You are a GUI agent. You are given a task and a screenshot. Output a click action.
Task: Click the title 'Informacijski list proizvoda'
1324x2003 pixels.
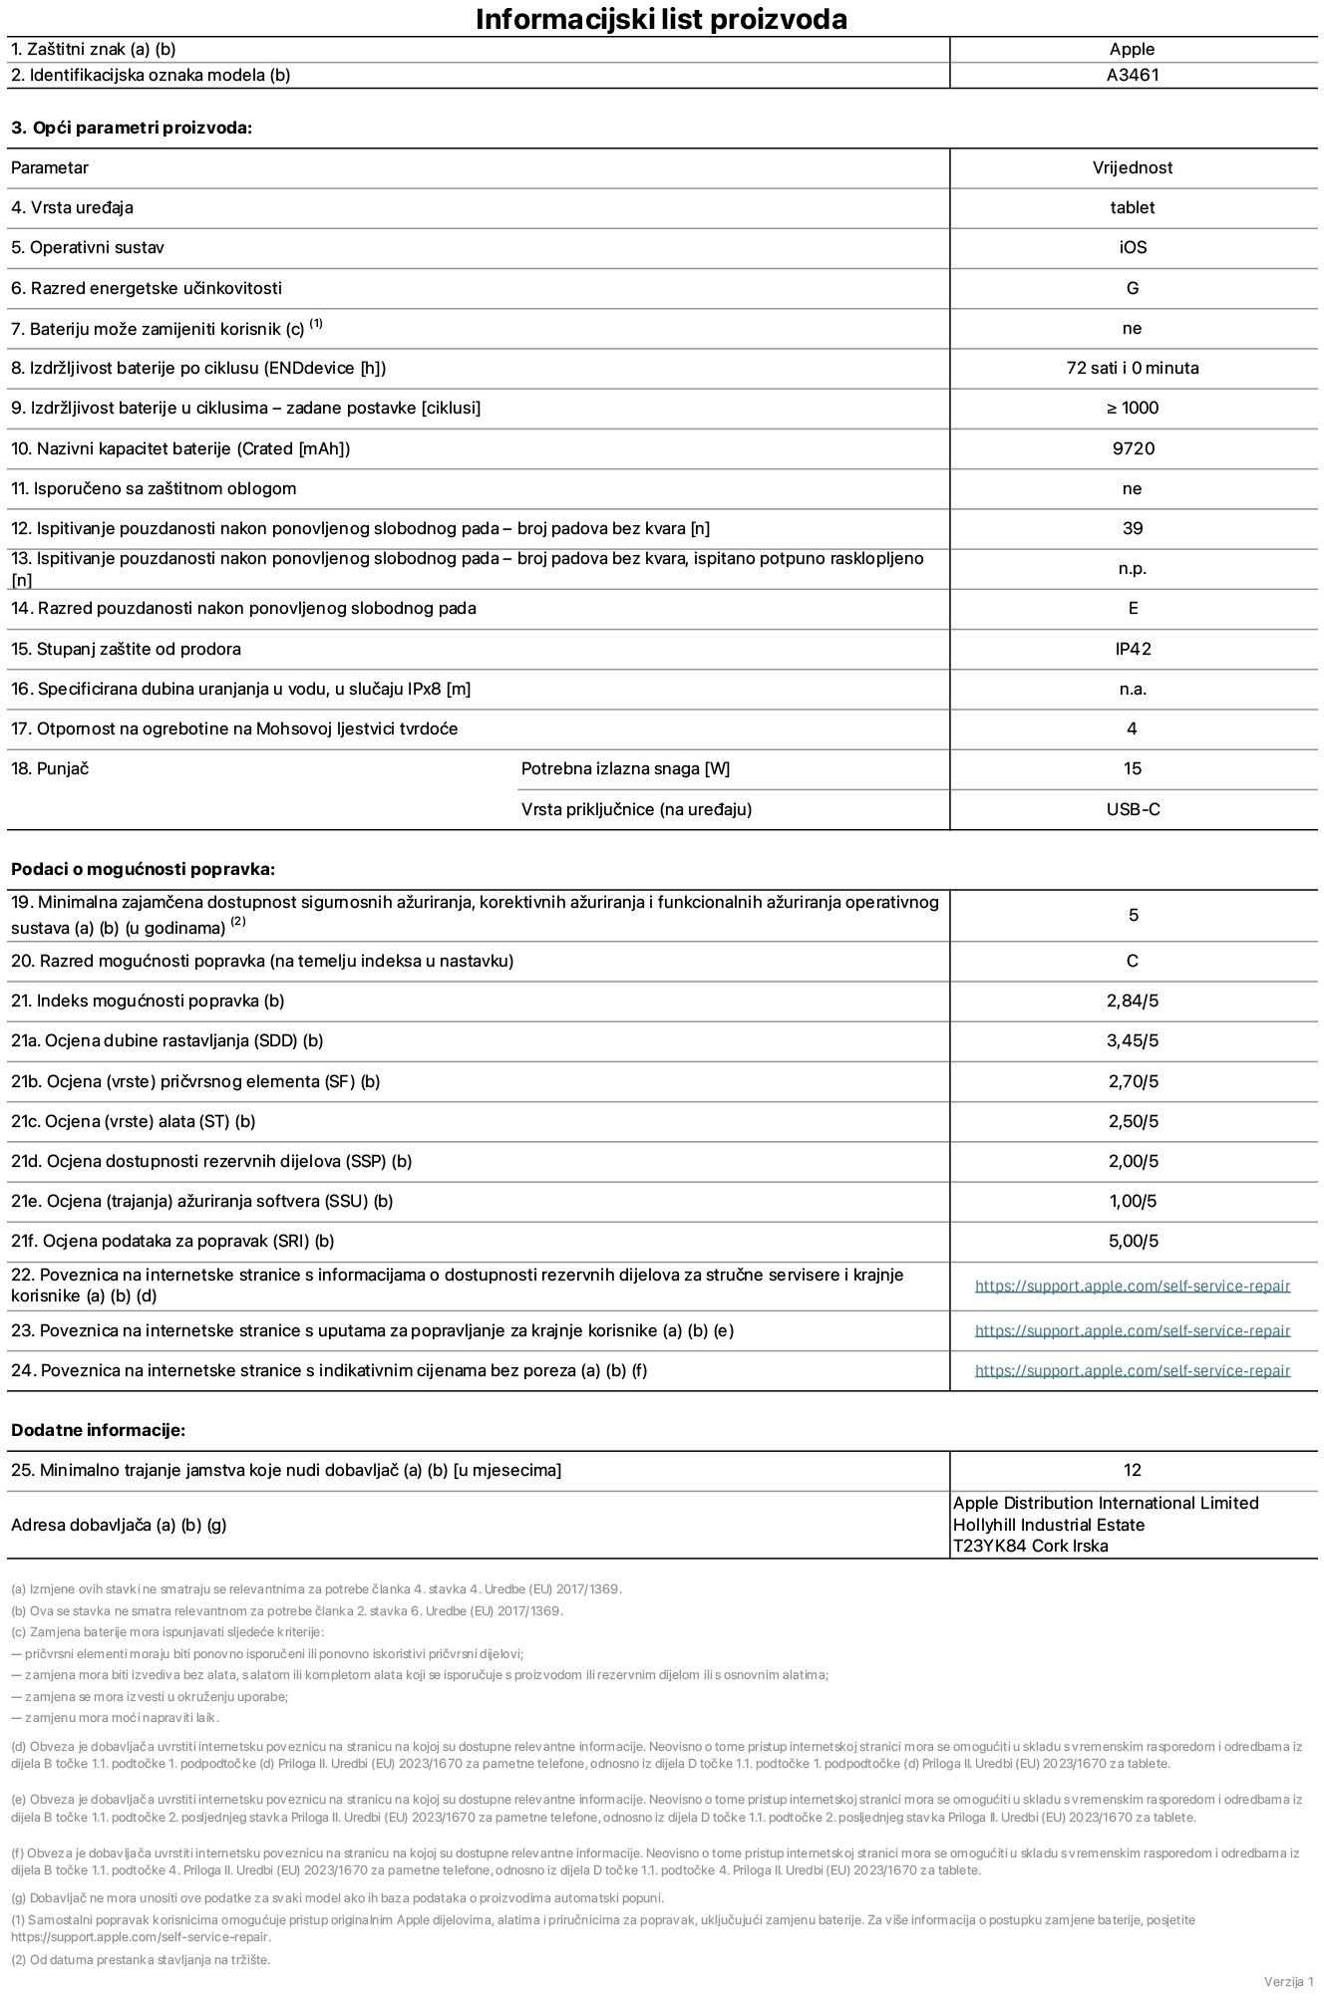(661, 19)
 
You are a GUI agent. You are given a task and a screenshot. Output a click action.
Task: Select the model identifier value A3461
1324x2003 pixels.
(1133, 75)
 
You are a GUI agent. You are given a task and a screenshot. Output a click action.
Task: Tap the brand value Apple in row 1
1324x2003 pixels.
(1133, 49)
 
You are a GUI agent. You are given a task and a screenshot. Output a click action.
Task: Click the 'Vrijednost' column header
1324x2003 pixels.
(1133, 167)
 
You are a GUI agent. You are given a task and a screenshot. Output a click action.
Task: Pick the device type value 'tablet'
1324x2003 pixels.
(1133, 207)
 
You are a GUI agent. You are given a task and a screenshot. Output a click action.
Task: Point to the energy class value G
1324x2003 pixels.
(1133, 288)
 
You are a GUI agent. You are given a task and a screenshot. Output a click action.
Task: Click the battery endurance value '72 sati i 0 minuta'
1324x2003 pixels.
(1133, 368)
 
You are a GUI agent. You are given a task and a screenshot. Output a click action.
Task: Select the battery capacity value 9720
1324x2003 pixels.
(1133, 448)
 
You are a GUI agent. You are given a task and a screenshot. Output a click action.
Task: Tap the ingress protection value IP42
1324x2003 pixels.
(1133, 649)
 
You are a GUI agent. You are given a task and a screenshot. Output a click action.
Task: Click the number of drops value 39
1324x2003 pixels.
(1133, 528)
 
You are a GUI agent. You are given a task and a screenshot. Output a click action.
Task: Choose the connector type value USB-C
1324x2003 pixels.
(1133, 809)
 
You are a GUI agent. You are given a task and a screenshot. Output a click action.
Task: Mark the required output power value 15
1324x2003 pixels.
(1133, 768)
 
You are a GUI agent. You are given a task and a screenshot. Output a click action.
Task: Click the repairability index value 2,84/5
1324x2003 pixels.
(1133, 1001)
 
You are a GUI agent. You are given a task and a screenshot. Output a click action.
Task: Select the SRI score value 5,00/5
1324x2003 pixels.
(1133, 1241)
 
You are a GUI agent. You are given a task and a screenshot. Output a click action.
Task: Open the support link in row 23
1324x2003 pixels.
(1133, 1330)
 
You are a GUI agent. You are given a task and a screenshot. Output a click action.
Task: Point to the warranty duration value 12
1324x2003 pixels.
(1133, 1470)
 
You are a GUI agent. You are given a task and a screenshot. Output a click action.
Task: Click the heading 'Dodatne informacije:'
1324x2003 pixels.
(98, 1430)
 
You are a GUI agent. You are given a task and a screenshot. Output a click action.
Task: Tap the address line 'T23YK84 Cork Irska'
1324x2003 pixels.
(1030, 1546)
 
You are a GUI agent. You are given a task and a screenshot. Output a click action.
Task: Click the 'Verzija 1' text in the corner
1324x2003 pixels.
(1288, 1981)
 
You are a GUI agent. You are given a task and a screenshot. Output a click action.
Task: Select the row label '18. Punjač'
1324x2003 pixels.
(50, 768)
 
